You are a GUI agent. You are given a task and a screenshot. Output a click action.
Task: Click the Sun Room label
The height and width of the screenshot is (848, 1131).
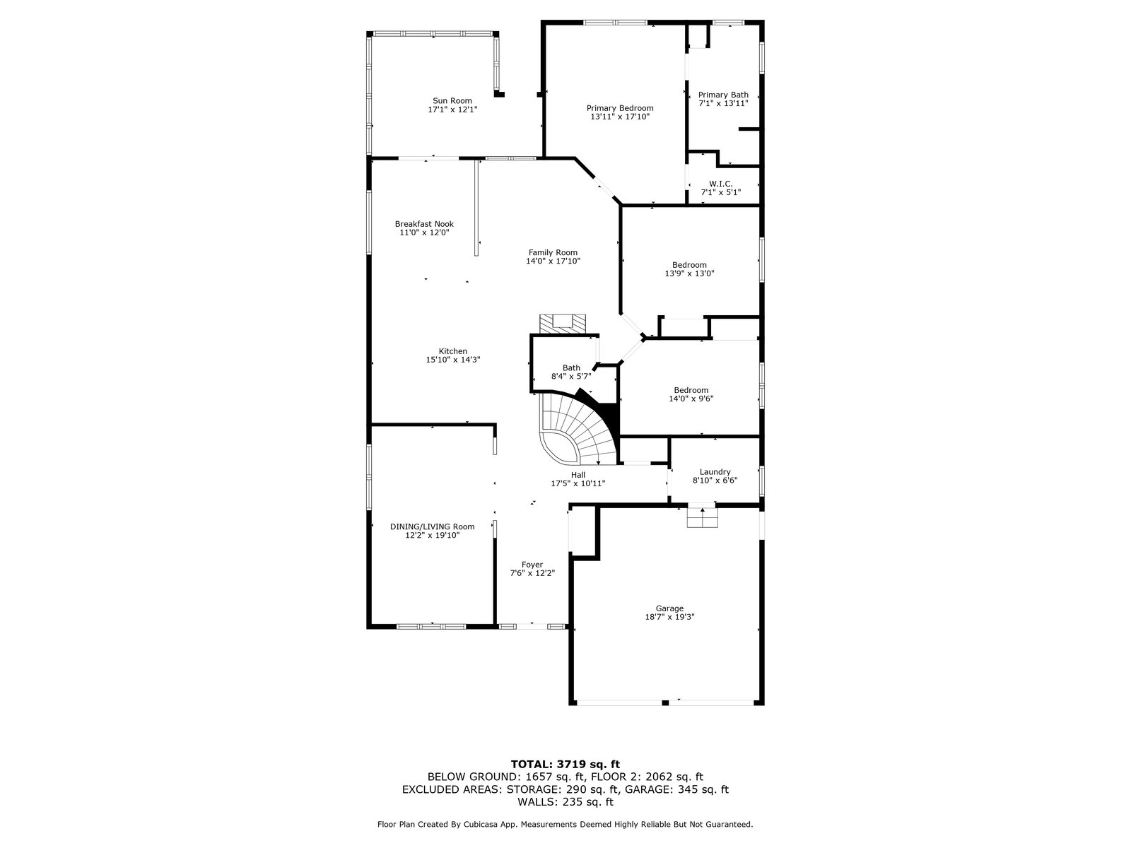452,101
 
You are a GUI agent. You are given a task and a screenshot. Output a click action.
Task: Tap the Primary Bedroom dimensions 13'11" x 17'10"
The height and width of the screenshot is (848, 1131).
620,117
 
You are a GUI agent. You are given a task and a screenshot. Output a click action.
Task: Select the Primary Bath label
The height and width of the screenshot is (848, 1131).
723,95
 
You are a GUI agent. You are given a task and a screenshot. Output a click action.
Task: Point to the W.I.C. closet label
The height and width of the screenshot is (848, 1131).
720,184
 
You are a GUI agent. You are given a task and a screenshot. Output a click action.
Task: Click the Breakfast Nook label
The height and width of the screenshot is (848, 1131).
424,224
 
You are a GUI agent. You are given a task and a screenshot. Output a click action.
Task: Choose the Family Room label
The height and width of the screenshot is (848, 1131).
553,252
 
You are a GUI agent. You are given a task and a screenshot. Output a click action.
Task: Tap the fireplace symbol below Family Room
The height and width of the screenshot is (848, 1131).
563,323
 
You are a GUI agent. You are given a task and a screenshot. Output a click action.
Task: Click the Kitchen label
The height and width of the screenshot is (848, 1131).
452,351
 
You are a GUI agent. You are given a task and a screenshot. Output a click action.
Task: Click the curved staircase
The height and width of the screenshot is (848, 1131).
576,431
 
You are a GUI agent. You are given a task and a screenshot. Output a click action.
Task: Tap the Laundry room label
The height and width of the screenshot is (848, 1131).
715,472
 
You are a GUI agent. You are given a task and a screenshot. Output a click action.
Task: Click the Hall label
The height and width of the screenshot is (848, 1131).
578,475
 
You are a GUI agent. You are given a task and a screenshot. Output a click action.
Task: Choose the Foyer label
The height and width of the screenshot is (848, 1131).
532,565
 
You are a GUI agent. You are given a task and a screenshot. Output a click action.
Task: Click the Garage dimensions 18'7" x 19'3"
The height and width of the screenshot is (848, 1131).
669,617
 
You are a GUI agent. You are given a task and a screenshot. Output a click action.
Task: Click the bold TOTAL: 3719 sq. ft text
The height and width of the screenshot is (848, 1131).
565,764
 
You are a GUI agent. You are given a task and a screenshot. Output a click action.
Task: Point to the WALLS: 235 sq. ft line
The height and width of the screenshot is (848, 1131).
565,802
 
